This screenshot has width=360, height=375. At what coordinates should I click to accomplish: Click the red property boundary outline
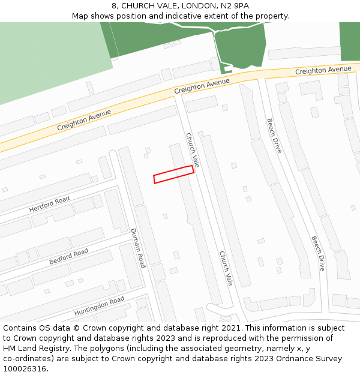click(173, 174)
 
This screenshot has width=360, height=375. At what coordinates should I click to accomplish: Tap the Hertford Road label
click(49, 205)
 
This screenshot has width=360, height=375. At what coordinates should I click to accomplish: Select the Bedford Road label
click(68, 257)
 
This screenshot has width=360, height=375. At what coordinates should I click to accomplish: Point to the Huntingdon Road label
click(99, 306)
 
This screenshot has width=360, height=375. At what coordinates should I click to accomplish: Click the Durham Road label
click(138, 248)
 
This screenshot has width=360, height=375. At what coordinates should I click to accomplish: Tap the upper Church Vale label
click(192, 150)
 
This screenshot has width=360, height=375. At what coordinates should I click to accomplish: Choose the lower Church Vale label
click(226, 268)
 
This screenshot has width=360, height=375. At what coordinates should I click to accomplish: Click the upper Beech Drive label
click(274, 136)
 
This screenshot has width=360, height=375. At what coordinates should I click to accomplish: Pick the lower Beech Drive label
click(318, 253)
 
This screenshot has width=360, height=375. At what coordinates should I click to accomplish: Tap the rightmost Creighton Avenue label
click(323, 71)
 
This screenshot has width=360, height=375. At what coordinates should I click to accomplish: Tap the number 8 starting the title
click(114, 5)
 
